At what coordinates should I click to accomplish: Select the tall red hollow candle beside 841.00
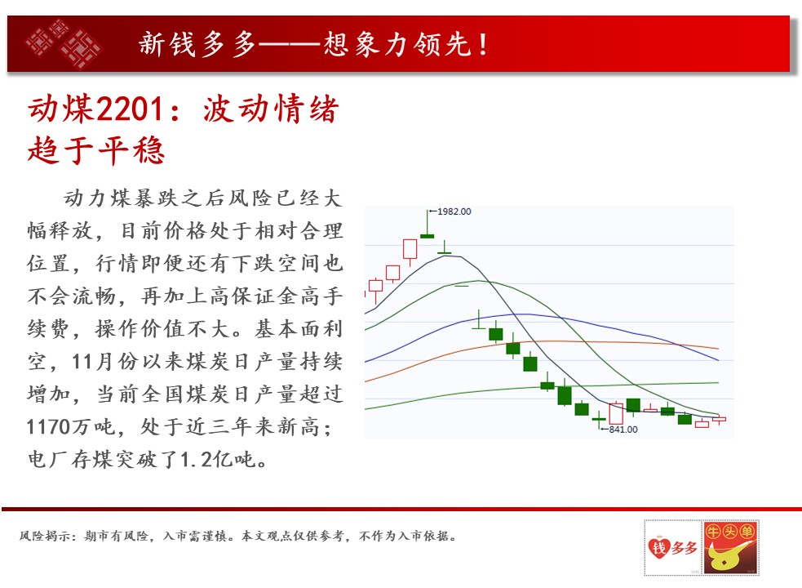click(616, 413)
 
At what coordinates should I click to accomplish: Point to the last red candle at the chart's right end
click(719, 420)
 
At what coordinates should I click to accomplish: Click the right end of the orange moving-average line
click(719, 348)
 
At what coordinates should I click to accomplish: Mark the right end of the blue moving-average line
click(719, 360)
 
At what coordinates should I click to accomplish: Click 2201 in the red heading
click(130, 109)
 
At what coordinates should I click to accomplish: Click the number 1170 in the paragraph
click(49, 426)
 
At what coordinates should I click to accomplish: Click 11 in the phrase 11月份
click(82, 362)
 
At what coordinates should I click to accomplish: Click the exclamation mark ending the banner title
click(483, 44)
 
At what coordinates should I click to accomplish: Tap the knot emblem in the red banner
click(64, 44)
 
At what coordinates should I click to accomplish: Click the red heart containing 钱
click(658, 547)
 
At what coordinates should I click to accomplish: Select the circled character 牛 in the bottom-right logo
click(713, 532)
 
